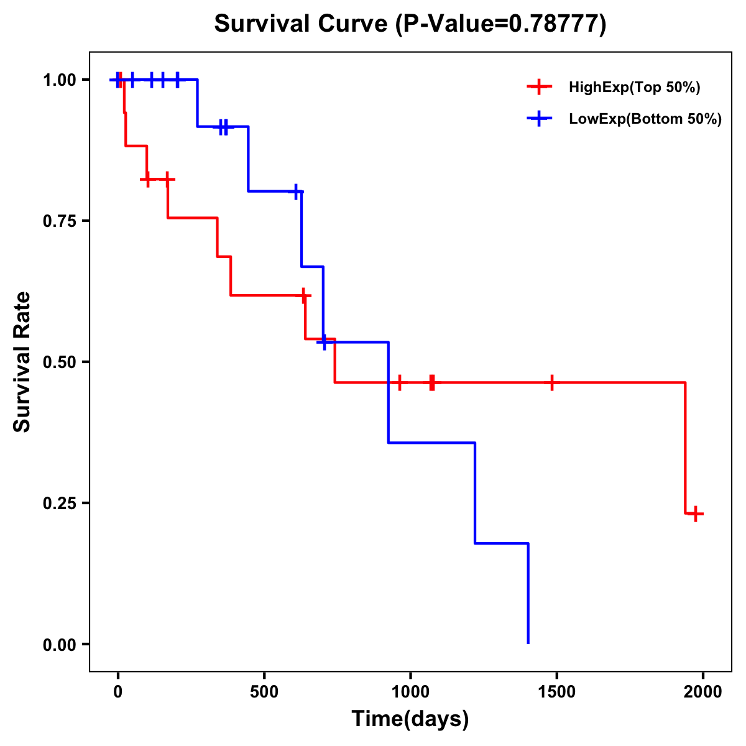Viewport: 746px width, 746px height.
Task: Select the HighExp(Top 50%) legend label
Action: tap(635, 88)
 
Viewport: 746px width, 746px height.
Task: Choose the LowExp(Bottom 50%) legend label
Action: tap(645, 119)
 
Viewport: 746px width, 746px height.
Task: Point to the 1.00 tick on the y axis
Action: tap(59, 80)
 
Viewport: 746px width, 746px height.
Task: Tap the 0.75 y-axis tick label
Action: tap(59, 221)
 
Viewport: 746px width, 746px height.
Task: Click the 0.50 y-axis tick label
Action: tap(59, 362)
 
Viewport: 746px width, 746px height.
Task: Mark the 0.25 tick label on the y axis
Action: tap(59, 504)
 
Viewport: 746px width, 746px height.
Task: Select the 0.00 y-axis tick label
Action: tap(59, 645)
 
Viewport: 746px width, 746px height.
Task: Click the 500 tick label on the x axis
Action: tap(264, 692)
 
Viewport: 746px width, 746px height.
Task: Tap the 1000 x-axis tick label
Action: tap(410, 692)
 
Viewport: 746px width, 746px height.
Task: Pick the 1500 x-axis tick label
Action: tap(556, 692)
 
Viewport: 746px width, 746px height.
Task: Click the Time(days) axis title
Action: tap(410, 719)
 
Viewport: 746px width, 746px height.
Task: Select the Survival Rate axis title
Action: tap(23, 361)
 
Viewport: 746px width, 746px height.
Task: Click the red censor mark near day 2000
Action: tap(696, 513)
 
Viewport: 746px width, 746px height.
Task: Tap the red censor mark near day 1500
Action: tap(551, 382)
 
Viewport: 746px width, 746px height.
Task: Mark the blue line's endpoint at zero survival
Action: tap(528, 643)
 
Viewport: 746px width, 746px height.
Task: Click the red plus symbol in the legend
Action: tap(539, 88)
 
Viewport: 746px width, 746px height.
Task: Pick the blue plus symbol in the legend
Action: tap(539, 119)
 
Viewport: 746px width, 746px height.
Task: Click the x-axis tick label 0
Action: tap(117, 692)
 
